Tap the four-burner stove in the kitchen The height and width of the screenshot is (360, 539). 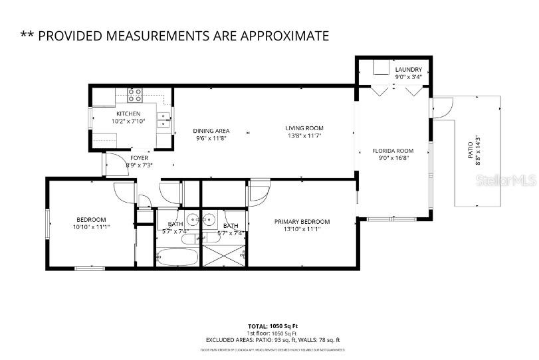135,96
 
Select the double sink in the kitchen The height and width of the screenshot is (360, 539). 163,120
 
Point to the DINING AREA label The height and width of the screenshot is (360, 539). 211,130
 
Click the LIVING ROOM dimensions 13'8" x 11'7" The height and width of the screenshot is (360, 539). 304,136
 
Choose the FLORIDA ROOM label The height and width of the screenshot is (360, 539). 392,151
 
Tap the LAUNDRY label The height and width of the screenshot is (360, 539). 408,70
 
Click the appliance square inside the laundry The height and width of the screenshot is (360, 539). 381,68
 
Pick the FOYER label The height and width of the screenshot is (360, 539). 139,157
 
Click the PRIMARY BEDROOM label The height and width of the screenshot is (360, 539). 302,222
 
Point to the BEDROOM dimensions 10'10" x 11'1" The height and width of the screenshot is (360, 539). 90,227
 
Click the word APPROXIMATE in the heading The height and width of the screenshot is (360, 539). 284,35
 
